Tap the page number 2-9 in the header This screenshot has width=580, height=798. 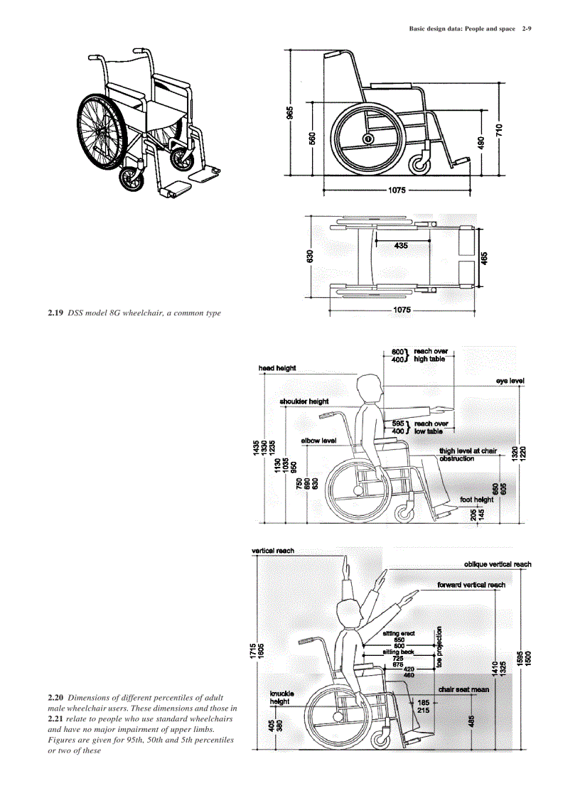526,29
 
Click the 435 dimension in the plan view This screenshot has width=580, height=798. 401,245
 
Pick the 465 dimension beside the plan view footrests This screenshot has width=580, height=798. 484,257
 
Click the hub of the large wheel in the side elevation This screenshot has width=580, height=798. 368,139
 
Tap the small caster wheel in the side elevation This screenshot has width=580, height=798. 421,164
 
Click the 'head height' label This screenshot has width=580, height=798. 277,368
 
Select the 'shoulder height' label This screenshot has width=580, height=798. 304,401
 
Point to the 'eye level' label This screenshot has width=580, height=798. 510,382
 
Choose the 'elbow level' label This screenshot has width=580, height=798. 318,441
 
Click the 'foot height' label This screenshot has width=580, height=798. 476,500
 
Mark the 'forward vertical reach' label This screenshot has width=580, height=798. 471,585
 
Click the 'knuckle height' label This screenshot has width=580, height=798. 282,697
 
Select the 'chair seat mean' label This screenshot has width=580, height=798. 463,689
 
